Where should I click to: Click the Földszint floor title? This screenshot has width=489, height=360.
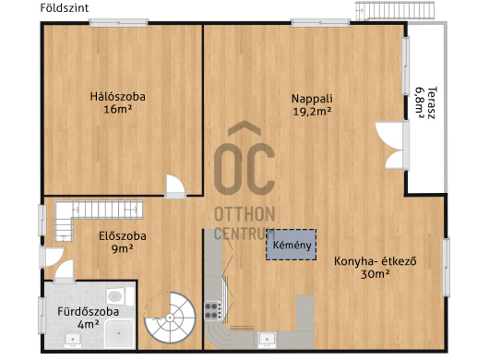[x=65, y=7]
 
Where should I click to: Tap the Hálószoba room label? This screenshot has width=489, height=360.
[x=117, y=96]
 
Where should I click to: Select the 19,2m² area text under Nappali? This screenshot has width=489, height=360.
[x=312, y=112]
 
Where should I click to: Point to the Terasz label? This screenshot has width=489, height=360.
[x=431, y=102]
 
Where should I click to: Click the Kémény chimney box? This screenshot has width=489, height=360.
[x=291, y=245]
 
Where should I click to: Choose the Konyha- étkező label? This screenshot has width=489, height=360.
[x=376, y=261]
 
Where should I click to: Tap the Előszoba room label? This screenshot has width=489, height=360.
[x=123, y=235]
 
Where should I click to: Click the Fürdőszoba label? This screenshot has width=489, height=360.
[x=89, y=312]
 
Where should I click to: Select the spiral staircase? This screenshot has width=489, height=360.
[x=170, y=318]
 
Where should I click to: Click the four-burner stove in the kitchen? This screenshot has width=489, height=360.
[x=213, y=311]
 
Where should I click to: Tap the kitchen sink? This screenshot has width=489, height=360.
[x=268, y=341]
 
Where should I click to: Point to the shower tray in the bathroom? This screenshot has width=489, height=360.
[x=119, y=333]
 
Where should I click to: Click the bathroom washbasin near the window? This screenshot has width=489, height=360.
[x=73, y=341]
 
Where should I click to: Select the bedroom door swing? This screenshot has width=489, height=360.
[x=175, y=186]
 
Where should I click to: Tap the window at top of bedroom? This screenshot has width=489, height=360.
[x=118, y=23]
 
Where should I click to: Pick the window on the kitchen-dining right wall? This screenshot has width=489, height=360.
[x=447, y=267]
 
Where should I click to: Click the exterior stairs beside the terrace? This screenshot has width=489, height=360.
[x=395, y=10]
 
